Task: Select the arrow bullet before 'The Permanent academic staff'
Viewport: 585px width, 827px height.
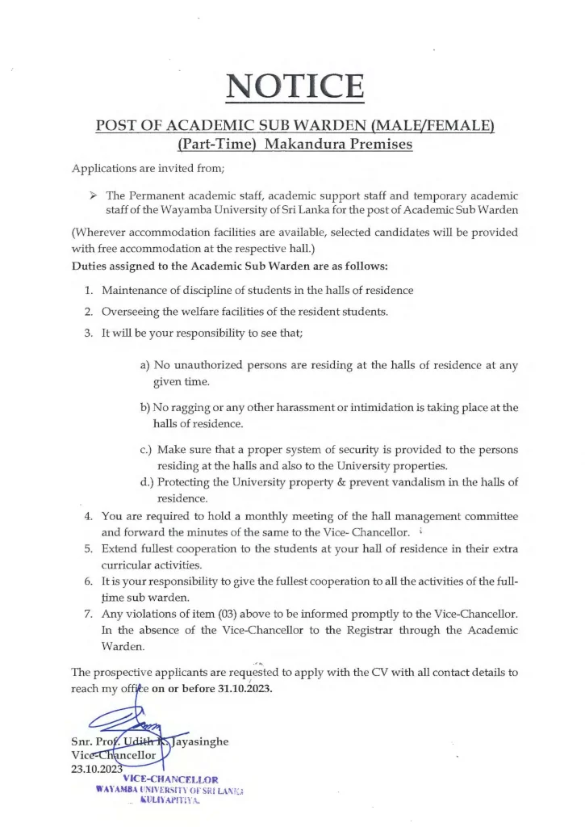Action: pyautogui.click(x=91, y=195)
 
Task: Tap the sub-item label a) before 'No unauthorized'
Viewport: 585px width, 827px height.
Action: pyautogui.click(x=145, y=365)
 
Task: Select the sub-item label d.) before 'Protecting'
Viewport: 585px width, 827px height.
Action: pyautogui.click(x=147, y=482)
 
